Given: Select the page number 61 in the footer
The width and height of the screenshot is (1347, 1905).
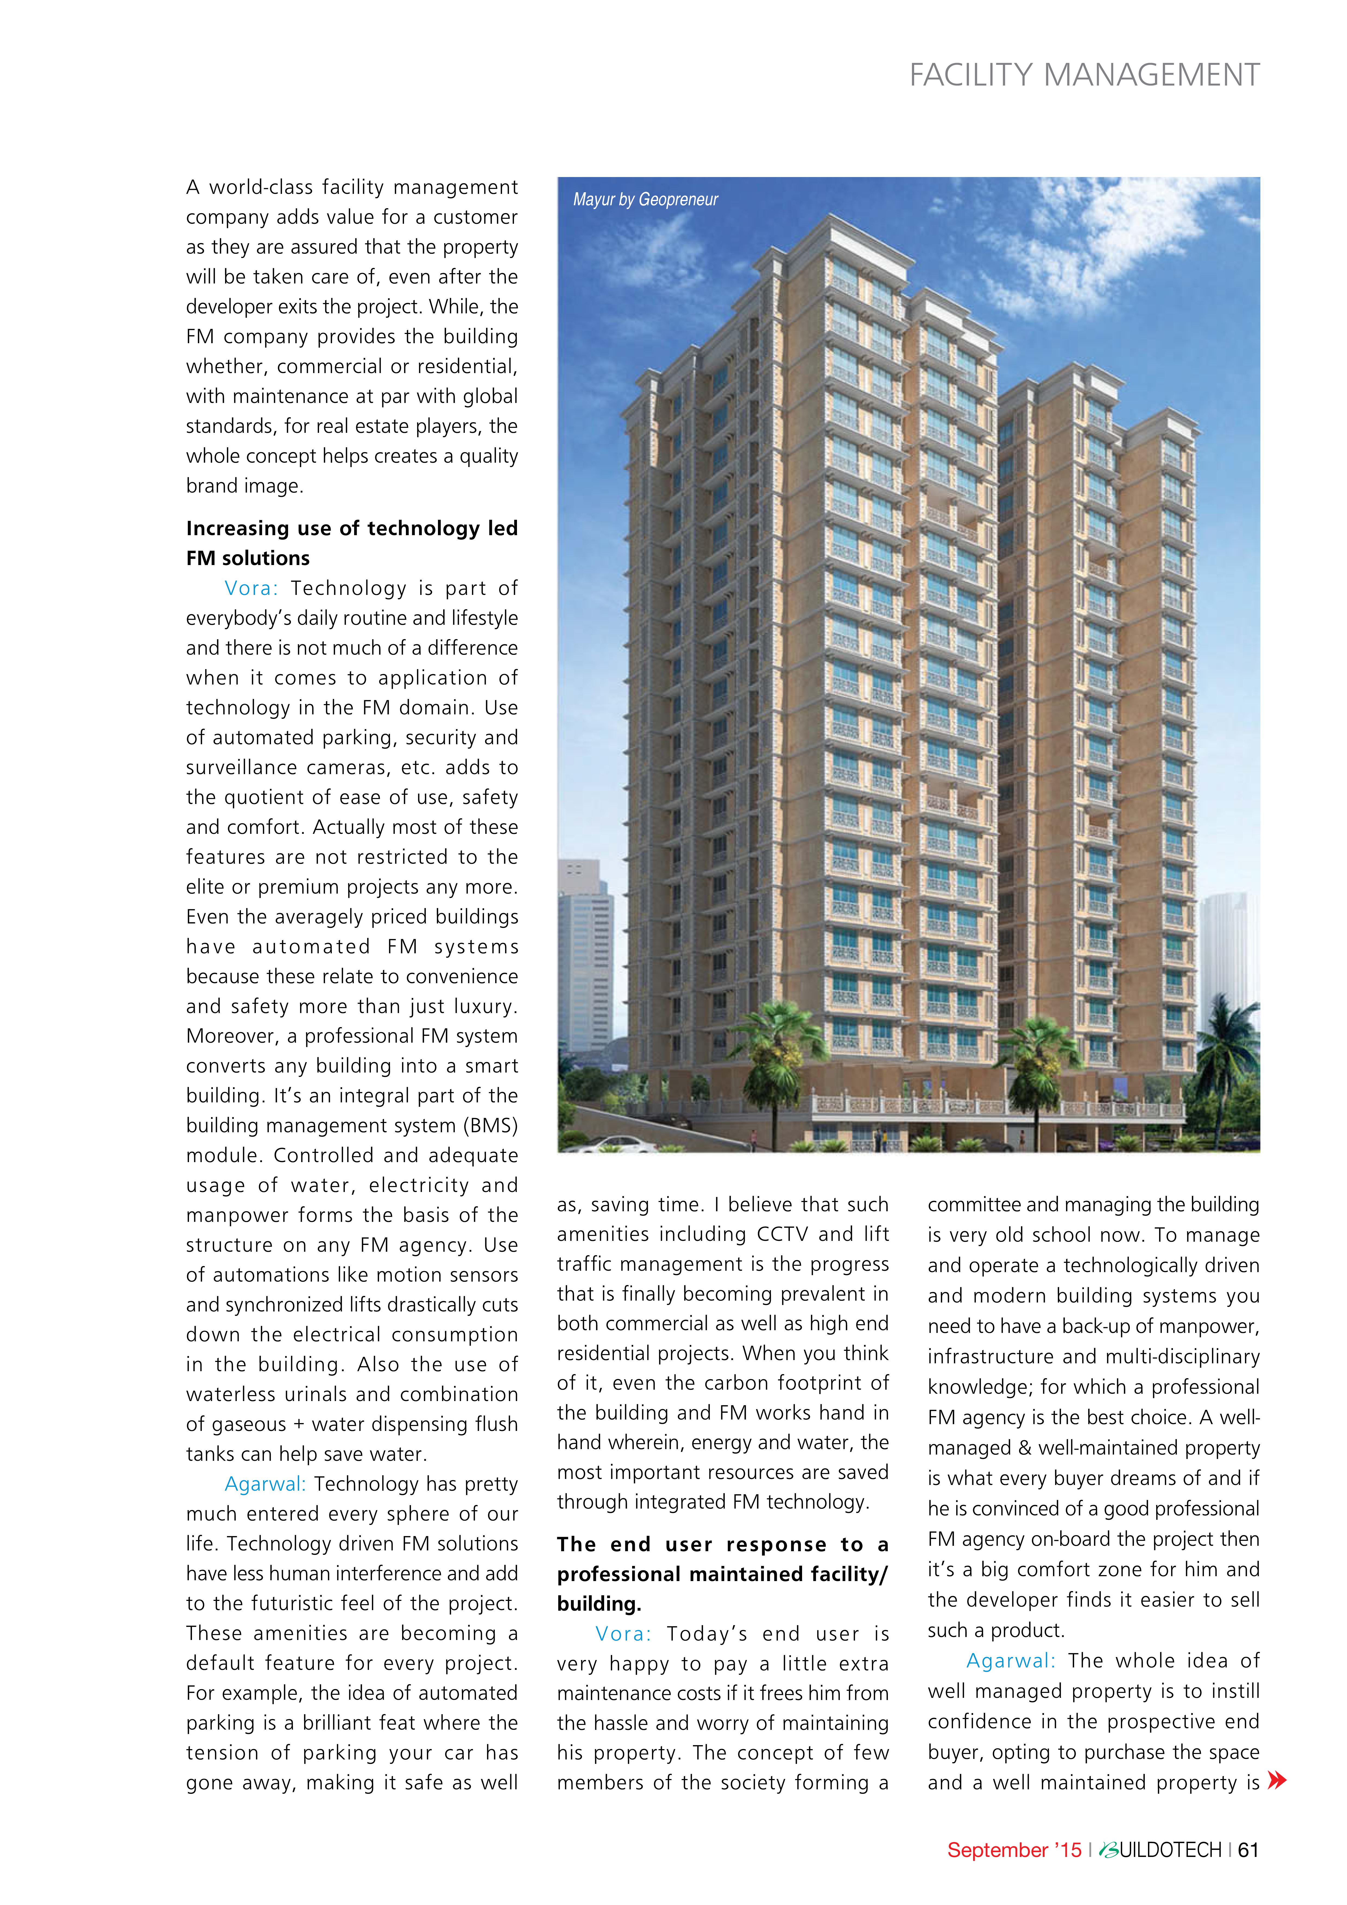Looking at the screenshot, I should pyautogui.click(x=1247, y=1849).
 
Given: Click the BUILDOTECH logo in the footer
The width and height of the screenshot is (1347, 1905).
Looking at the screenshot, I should pyautogui.click(x=1159, y=1849).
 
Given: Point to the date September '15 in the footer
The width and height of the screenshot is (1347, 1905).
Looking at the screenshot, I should pyautogui.click(x=1014, y=1849).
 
